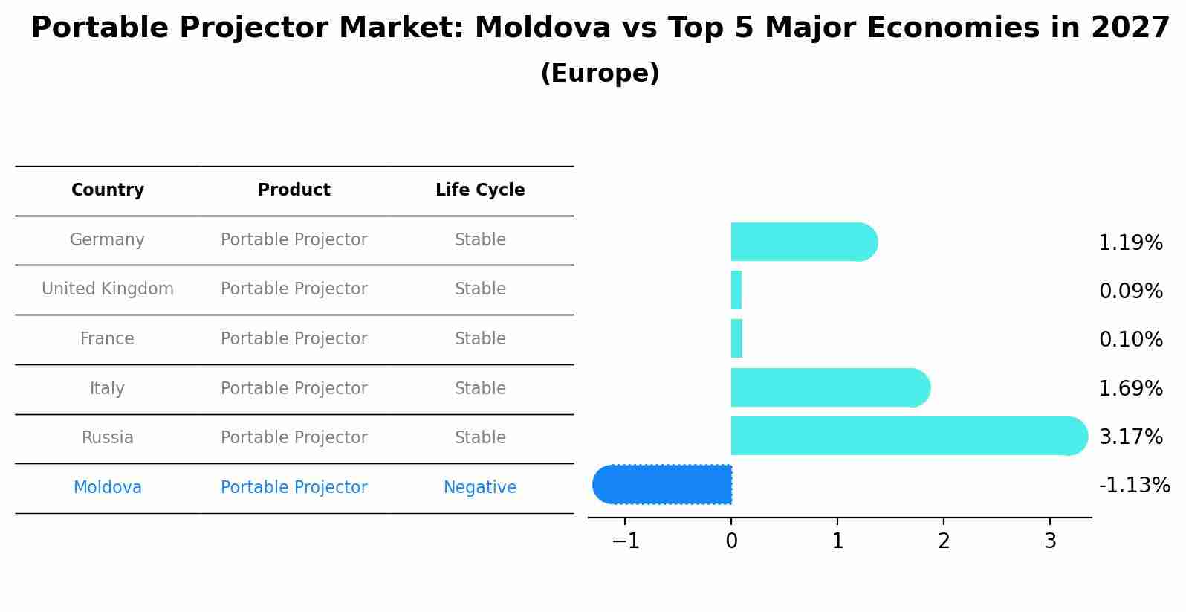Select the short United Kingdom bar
736,290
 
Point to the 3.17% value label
1130,437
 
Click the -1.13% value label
1134,486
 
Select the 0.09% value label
1130,291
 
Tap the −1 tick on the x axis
625,541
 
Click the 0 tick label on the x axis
731,541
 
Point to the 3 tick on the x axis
1050,541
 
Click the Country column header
108,190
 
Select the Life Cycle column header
480,190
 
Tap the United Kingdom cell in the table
108,289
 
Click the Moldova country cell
108,488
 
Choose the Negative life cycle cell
480,488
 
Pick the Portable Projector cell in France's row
294,339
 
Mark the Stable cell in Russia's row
480,438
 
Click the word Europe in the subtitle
600,74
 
